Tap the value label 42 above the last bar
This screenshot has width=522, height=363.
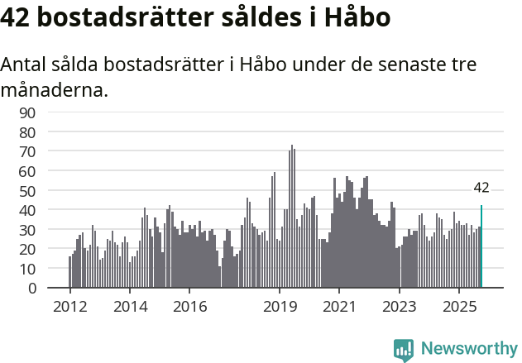point(481,189)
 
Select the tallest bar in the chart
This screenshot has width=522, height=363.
point(291,217)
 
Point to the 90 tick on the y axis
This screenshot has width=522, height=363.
point(50,112)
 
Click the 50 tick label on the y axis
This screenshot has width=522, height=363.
point(50,191)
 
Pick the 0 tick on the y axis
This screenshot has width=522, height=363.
point(55,289)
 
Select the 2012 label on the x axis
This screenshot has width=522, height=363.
point(69,306)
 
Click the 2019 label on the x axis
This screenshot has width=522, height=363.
point(280,306)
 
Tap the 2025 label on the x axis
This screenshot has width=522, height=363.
point(459,306)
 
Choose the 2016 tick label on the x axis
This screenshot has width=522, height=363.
point(189,306)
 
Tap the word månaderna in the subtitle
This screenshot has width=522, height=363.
point(55,89)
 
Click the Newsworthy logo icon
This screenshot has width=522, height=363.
point(403,350)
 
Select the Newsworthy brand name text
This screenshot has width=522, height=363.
point(468,350)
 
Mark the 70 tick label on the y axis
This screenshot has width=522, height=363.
point(50,151)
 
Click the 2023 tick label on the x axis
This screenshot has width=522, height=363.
point(400,306)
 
